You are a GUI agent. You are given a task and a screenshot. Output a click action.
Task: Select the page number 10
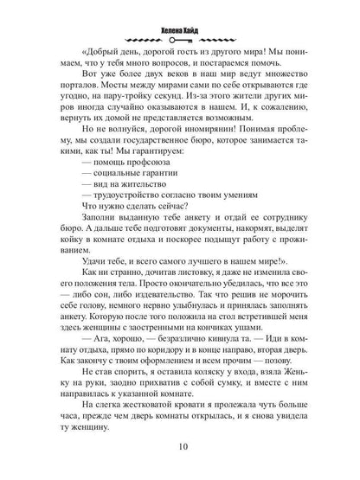tap(181, 446)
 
